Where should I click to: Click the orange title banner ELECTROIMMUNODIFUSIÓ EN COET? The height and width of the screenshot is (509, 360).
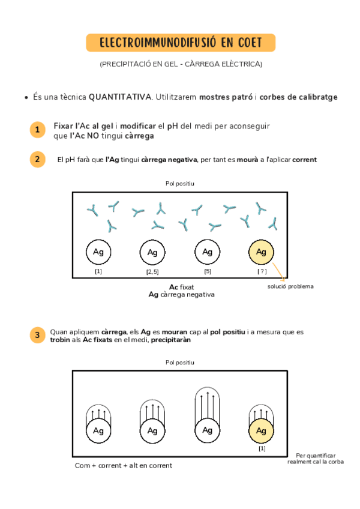tap(180, 43)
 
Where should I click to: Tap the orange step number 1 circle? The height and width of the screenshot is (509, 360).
tap(37, 130)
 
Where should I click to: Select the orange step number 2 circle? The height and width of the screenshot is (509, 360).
tap(37, 159)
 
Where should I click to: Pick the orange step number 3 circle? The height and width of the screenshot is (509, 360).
tap(37, 335)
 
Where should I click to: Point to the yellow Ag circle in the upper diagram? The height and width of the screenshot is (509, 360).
tap(261, 252)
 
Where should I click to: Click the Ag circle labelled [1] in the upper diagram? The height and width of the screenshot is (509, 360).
tap(98, 252)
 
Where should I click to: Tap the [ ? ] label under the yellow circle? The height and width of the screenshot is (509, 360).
tap(262, 271)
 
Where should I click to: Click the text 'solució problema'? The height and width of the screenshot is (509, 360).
tap(290, 286)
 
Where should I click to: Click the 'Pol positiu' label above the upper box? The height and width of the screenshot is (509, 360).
tap(180, 183)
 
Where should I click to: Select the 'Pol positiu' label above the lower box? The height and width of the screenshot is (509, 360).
tap(180, 363)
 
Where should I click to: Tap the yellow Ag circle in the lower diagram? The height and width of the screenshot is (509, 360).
tap(261, 430)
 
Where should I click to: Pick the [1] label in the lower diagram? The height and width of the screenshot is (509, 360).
tap(262, 448)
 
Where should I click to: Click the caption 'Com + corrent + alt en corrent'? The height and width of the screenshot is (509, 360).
tap(123, 465)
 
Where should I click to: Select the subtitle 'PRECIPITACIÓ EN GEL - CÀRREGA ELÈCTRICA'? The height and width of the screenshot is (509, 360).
tap(181, 64)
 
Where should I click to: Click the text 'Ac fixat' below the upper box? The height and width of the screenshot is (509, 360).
tap(181, 287)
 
